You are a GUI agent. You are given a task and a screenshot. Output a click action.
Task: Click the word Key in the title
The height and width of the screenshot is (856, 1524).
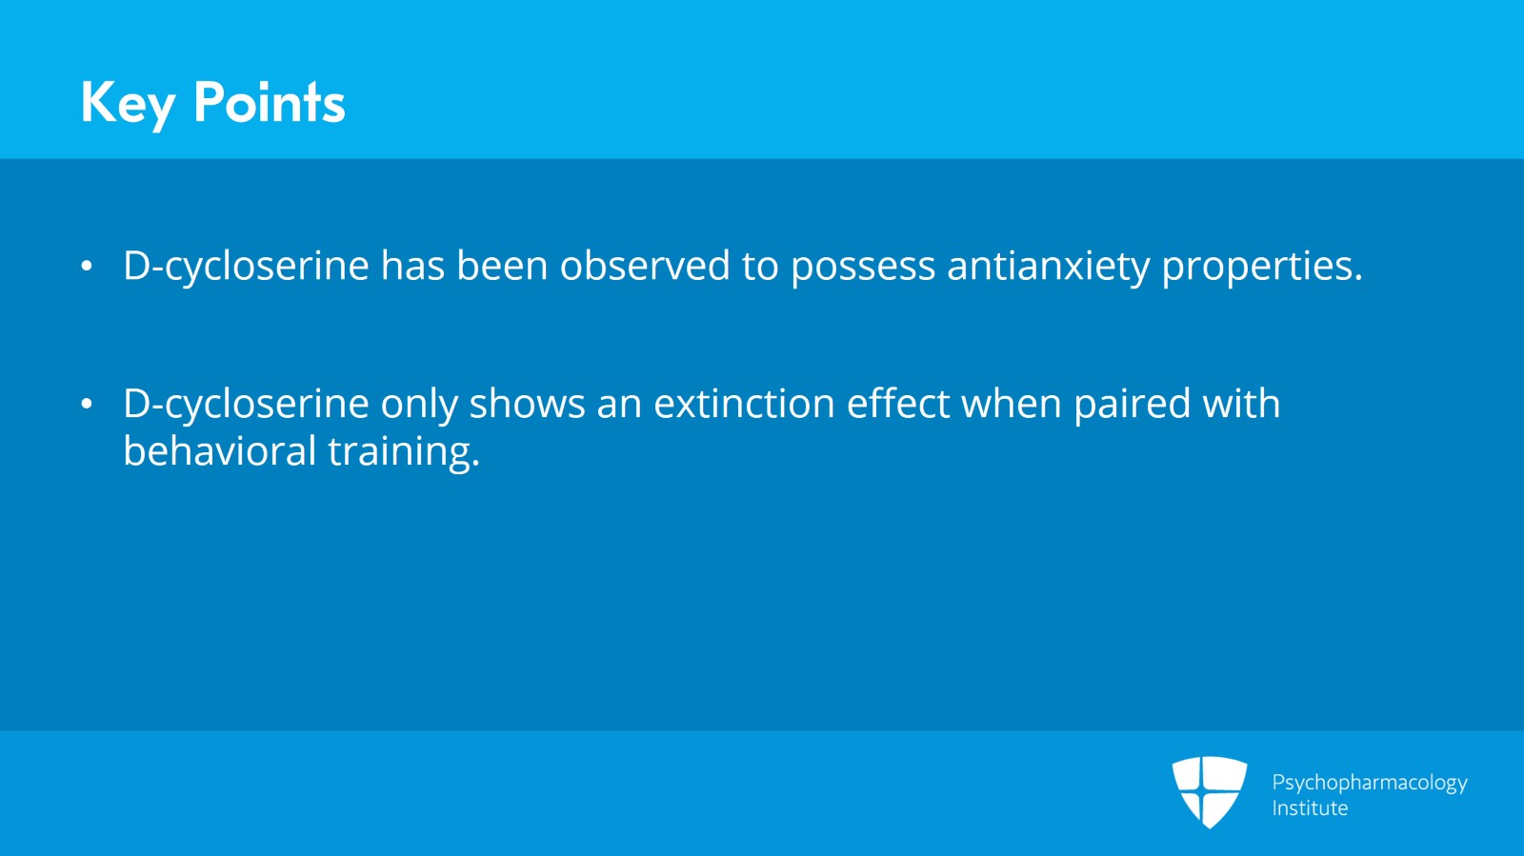pyautogui.click(x=128, y=104)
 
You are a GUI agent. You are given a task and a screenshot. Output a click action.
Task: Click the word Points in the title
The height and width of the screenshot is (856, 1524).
pyautogui.click(x=270, y=102)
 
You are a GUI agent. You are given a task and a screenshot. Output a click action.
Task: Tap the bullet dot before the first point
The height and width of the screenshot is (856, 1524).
pyautogui.click(x=87, y=266)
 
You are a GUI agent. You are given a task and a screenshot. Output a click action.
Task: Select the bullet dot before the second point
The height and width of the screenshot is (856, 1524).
pyautogui.click(x=87, y=404)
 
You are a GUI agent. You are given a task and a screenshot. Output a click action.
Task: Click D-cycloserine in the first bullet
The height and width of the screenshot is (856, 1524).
pyautogui.click(x=247, y=266)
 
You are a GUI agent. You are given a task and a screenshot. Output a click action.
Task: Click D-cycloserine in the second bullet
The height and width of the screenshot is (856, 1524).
pyautogui.click(x=247, y=404)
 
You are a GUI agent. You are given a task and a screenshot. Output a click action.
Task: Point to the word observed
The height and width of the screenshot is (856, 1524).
pyautogui.click(x=645, y=265)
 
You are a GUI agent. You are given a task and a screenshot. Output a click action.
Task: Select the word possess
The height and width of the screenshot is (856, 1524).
pyautogui.click(x=863, y=267)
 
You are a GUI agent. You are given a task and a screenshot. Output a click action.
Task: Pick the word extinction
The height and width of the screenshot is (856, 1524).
pyautogui.click(x=744, y=403)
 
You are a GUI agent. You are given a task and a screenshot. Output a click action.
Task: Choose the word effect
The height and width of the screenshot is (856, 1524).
pyautogui.click(x=898, y=403)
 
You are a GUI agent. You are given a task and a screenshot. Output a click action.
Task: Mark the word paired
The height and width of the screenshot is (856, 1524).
pyautogui.click(x=1133, y=404)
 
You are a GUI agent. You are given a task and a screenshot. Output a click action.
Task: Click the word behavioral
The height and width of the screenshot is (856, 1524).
pyautogui.click(x=220, y=449)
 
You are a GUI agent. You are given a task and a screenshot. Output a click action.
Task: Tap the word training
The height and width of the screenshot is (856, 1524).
pyautogui.click(x=404, y=451)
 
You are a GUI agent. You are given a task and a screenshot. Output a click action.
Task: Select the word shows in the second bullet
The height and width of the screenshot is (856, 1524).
pyautogui.click(x=528, y=403)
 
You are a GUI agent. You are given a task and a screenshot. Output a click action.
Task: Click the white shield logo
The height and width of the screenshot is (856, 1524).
pyautogui.click(x=1210, y=790)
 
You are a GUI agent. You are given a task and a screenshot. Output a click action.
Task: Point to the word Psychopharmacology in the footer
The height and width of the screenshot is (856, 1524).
pyautogui.click(x=1370, y=783)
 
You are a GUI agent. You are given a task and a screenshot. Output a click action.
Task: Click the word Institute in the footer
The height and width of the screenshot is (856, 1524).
pyautogui.click(x=1310, y=807)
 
